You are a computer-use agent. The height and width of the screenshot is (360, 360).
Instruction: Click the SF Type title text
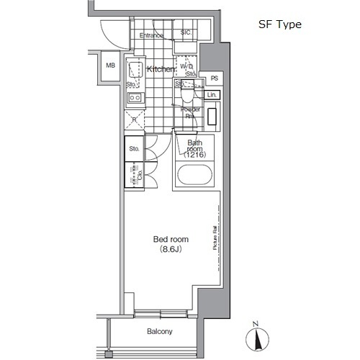[x=280, y=24]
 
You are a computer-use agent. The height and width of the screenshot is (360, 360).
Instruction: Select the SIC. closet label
[x=186, y=32]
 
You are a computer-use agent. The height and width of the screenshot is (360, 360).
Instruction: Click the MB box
[x=110, y=66]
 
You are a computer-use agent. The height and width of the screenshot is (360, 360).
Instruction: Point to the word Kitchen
[x=161, y=69]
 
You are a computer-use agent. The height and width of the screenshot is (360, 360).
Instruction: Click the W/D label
[x=186, y=66]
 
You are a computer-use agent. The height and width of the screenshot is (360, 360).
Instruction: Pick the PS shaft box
[x=215, y=79]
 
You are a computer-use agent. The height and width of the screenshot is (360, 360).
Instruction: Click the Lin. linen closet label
[x=212, y=95]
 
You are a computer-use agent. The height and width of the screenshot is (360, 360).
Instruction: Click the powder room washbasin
[x=213, y=116]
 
